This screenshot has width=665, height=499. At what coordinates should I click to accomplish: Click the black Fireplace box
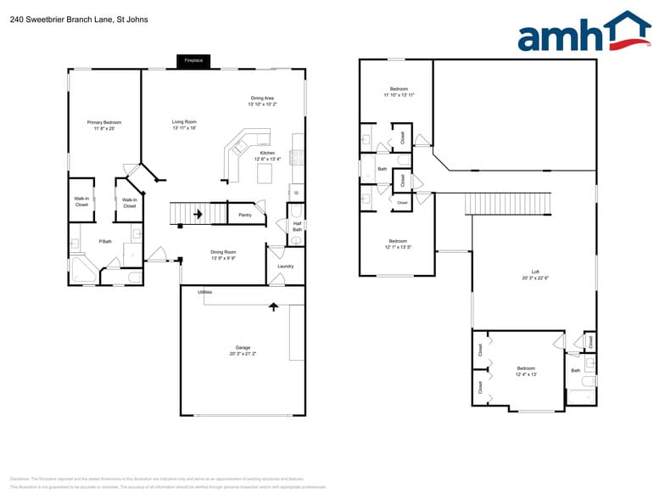[x=193, y=61]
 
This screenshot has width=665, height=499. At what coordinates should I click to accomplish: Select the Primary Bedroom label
[x=104, y=125]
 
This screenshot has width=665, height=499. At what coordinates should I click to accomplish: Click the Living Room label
[x=184, y=124]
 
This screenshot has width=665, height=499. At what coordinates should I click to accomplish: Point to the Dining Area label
[x=262, y=101]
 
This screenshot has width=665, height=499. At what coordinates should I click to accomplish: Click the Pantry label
[x=245, y=215]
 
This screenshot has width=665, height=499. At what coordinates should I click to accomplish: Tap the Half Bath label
[x=297, y=227]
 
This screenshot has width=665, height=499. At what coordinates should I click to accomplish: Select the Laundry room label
[x=285, y=266]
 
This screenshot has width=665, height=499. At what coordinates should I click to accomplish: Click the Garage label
[x=243, y=350]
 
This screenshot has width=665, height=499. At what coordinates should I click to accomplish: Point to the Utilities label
[x=204, y=292]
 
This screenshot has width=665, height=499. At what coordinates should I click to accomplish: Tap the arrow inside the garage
[x=273, y=306]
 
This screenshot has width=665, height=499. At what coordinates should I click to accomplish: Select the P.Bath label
[x=106, y=242]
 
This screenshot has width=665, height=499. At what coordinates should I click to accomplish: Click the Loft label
[x=535, y=274]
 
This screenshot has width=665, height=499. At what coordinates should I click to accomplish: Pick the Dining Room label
[x=223, y=254]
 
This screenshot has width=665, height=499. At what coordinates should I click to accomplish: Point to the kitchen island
[x=265, y=173]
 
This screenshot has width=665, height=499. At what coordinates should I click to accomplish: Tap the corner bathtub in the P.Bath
[x=83, y=272]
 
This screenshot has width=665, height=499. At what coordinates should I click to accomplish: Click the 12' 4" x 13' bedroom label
[x=527, y=371]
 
